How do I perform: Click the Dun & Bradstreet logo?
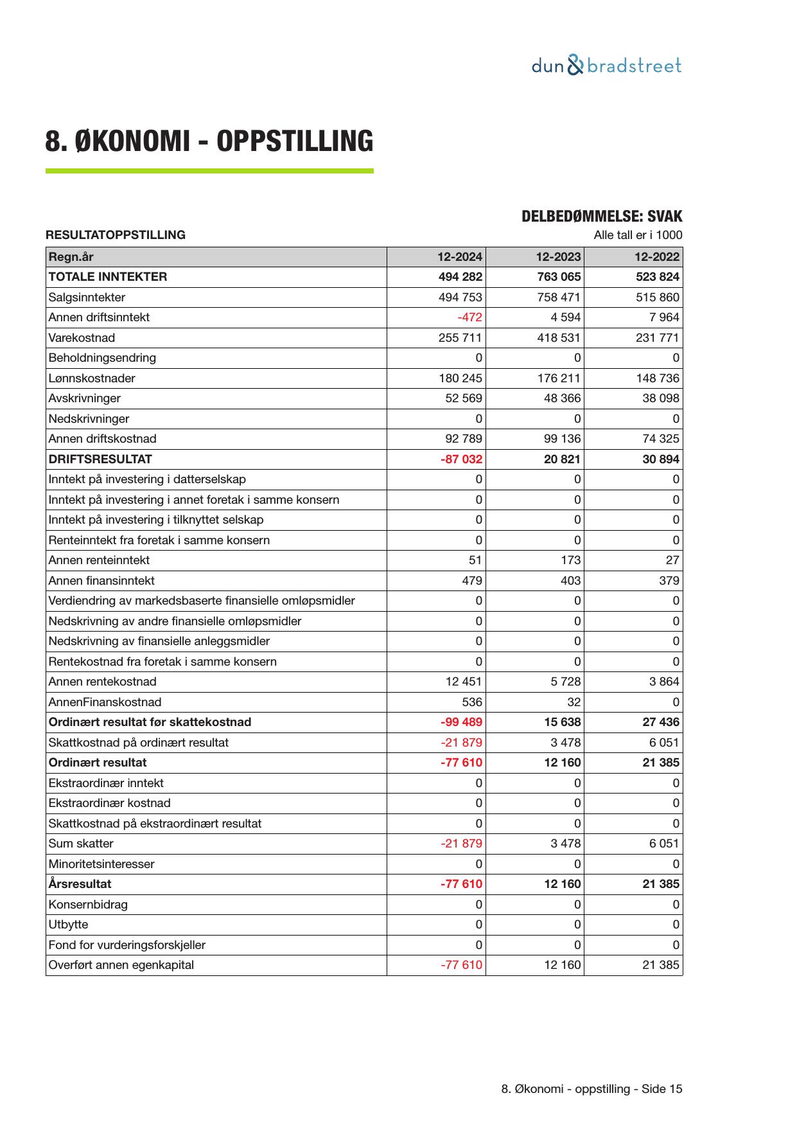pos(606,66)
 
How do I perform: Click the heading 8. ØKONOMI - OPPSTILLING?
pos(209,141)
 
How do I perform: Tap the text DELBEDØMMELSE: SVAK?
pos(602,217)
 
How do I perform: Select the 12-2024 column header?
pos(460,257)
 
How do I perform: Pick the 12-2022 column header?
pos(657,257)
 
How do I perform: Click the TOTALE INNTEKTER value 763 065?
pos(559,277)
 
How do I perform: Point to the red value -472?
pos(469,317)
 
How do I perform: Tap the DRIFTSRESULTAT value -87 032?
pos(461,459)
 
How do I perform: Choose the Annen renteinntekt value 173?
pos(570,560)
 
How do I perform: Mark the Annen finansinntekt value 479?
pos(472,581)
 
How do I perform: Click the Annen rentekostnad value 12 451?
pos(464,682)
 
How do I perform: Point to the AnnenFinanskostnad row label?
pos(105,702)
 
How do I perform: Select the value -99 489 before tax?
pos(461,722)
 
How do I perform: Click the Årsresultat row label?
pos(80,884)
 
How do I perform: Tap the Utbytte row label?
pos(68,925)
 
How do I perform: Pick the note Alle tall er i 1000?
pos(638,235)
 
